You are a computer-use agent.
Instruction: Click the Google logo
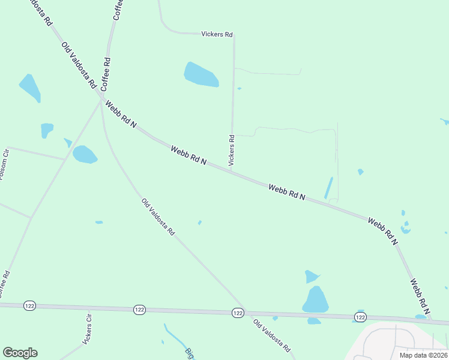click(x=20, y=352)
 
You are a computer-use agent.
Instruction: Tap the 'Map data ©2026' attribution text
click(x=424, y=355)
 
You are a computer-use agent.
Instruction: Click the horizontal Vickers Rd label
click(x=216, y=35)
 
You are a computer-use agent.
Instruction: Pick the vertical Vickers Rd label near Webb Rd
click(x=232, y=150)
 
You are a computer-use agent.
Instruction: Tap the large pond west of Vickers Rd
click(x=200, y=75)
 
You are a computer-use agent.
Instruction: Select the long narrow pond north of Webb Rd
click(x=328, y=188)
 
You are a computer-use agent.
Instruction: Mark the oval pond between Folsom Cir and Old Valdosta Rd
click(x=84, y=155)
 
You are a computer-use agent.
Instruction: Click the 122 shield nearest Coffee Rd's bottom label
click(x=29, y=305)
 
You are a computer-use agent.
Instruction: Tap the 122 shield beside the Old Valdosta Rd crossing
click(x=237, y=313)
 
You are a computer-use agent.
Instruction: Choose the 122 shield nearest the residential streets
click(x=360, y=316)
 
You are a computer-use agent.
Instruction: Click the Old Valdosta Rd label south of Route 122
click(x=272, y=335)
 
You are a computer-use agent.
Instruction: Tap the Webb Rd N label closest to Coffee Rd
click(x=121, y=114)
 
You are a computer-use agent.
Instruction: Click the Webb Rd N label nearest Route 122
click(x=420, y=296)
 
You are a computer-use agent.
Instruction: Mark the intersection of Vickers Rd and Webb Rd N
click(x=232, y=171)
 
